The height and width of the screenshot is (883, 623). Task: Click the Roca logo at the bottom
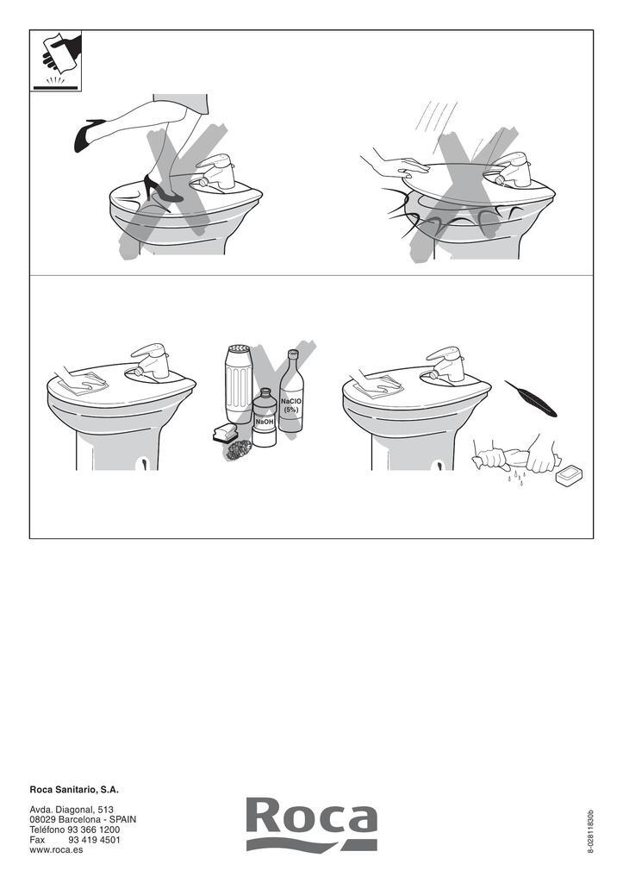(x=312, y=824)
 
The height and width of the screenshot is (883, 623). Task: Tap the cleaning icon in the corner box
(x=56, y=61)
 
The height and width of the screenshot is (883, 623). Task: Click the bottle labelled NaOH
(x=264, y=418)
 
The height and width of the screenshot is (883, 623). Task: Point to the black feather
(x=531, y=398)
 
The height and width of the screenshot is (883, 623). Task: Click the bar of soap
(x=569, y=475)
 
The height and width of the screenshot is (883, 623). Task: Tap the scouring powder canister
(x=238, y=385)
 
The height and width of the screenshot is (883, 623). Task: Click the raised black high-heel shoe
(x=90, y=135)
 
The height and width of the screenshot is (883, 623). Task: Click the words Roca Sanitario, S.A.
(x=74, y=790)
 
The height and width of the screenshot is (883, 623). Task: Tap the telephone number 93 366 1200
(x=93, y=830)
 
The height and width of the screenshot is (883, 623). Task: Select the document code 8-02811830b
(x=590, y=832)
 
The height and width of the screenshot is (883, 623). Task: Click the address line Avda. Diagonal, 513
(x=72, y=809)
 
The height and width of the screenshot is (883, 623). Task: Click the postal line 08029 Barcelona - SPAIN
(x=83, y=819)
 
